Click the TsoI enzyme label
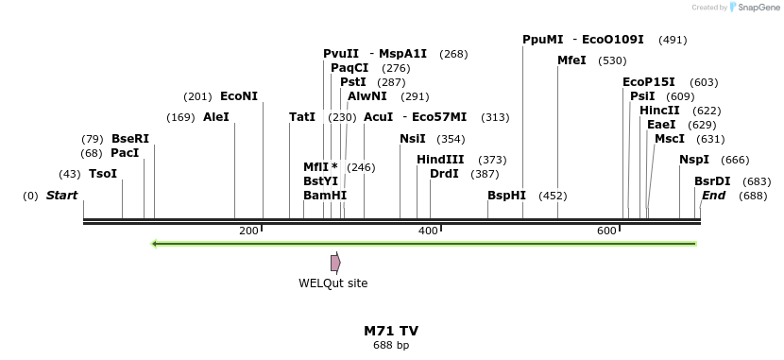(x=103, y=174)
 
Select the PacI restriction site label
(x=125, y=153)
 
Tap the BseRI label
(x=130, y=139)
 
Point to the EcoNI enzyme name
(x=238, y=96)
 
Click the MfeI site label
(x=571, y=60)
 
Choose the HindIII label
(x=440, y=160)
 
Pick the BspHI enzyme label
(x=506, y=196)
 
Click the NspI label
(x=693, y=160)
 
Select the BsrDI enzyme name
(x=712, y=181)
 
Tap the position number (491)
(x=673, y=40)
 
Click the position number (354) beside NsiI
(x=450, y=139)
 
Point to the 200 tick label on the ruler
(x=249, y=231)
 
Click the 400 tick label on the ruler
(x=428, y=231)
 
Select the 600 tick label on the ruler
(x=607, y=231)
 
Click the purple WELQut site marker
(x=335, y=263)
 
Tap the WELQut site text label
(x=333, y=283)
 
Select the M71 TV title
(x=391, y=331)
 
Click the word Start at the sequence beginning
(x=61, y=196)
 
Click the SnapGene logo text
(x=752, y=8)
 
